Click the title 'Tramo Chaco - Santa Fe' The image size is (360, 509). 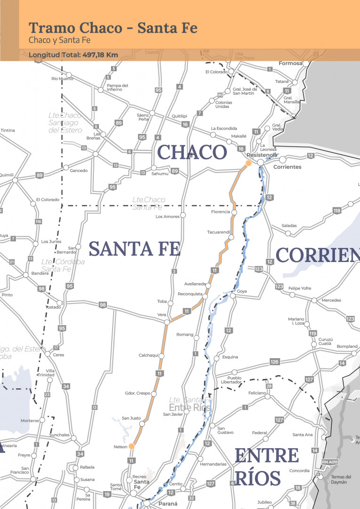[113, 28]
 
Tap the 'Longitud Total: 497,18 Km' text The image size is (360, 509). [73, 55]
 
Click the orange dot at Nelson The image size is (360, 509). [132, 446]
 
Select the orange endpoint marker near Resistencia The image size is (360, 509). [248, 164]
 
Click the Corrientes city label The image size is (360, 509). [287, 167]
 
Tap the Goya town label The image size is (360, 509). [242, 291]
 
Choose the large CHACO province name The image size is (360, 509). [192, 152]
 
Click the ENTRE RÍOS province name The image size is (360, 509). [266, 467]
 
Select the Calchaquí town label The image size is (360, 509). [149, 355]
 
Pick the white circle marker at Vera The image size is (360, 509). [166, 322]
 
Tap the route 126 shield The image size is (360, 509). [275, 362]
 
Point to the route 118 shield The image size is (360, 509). [337, 211]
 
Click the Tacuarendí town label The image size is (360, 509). [219, 232]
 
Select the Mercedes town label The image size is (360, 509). [331, 300]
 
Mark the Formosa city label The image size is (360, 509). [290, 63]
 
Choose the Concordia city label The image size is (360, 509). [300, 470]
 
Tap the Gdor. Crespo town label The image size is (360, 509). [137, 393]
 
